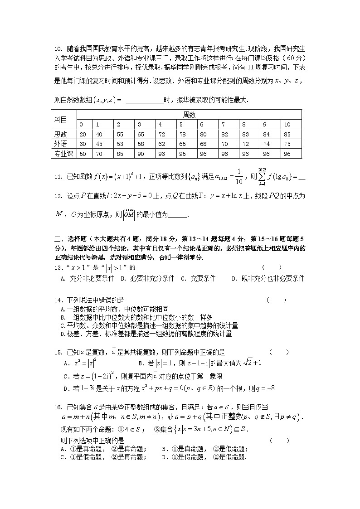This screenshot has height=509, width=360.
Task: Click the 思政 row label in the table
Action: pyautogui.click(x=60, y=135)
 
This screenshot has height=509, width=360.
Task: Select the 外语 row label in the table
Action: pyautogui.click(x=60, y=144)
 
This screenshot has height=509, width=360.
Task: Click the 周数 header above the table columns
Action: pyautogui.click(x=189, y=115)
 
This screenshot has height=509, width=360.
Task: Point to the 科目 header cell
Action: pyautogui.click(x=60, y=120)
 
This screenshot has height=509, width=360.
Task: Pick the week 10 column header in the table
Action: pyautogui.click(x=287, y=125)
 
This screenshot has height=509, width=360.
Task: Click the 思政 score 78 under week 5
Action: pyautogui.click(x=181, y=135)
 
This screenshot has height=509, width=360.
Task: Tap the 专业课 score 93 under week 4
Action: pyautogui.click(x=161, y=154)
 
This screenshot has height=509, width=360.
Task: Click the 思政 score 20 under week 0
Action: pyautogui.click(x=83, y=135)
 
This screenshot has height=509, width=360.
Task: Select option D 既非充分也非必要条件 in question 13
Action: pyautogui.click(x=268, y=279)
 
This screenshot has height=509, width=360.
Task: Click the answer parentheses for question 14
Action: pyautogui.click(x=276, y=300)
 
